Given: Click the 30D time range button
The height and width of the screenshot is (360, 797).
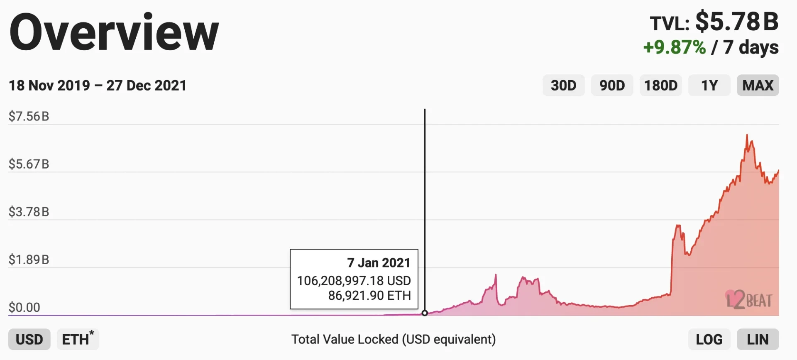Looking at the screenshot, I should click(x=563, y=86).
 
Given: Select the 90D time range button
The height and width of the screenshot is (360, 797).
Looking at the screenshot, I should click(x=612, y=86).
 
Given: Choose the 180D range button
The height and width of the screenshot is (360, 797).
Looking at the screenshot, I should click(x=660, y=86).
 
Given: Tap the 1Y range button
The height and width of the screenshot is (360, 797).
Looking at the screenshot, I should click(x=709, y=86).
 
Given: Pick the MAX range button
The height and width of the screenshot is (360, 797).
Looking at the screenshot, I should click(x=758, y=86).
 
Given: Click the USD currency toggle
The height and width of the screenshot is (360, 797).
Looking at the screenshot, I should click(x=29, y=339).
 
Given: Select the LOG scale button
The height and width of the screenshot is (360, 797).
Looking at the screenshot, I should click(x=709, y=339).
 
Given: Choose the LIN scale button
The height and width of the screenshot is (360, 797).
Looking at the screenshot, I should click(x=758, y=339).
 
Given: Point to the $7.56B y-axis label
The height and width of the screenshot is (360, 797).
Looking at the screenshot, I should click(x=29, y=116).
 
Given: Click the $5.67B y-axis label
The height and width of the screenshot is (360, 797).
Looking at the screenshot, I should click(x=29, y=164).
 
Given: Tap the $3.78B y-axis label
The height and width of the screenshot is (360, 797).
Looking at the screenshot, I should click(x=29, y=212).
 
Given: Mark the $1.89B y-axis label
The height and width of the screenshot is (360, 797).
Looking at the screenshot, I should click(x=29, y=260).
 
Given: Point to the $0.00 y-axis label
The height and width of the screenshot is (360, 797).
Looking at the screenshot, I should click(x=24, y=307).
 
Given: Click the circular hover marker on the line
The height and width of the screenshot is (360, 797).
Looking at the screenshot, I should click(x=425, y=313).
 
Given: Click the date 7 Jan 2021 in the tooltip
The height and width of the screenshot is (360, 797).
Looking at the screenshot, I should click(x=379, y=263).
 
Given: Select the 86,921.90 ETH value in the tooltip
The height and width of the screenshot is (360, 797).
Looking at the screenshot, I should click(x=369, y=295).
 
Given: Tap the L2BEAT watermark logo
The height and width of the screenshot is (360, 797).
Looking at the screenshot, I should click(x=749, y=300).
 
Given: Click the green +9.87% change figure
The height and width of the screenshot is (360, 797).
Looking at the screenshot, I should click(x=675, y=47).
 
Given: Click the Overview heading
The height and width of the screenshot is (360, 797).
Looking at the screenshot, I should click(x=114, y=32).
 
